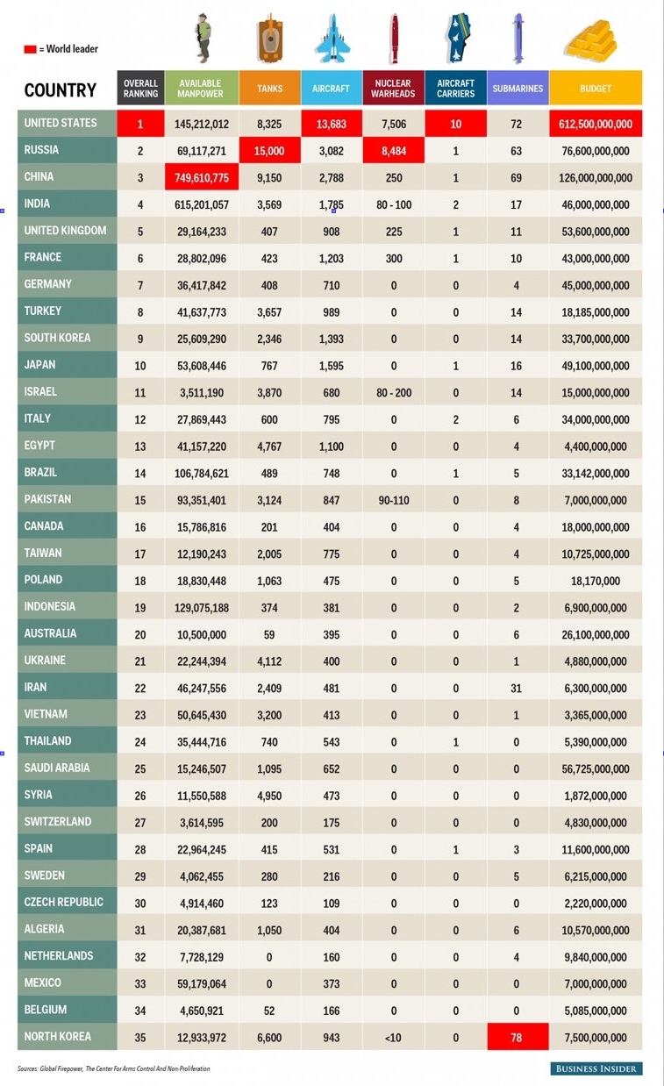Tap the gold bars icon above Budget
point(591,40)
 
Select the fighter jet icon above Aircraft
point(332,39)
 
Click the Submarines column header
point(518,88)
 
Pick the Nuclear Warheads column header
point(394,88)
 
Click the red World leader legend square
point(30,49)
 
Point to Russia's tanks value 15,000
point(269,150)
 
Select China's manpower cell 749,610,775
point(202,177)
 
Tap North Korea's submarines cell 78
point(518,1037)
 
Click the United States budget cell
point(596,124)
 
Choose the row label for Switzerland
point(58,822)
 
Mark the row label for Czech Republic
point(63,903)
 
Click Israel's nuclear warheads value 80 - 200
point(394,393)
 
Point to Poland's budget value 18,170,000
point(596,581)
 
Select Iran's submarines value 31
point(516,688)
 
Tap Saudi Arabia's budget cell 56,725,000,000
point(596,768)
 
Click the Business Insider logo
point(596,1068)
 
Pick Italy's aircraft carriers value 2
point(456,419)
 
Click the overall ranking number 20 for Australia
point(140,634)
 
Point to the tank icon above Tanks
point(269,39)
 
